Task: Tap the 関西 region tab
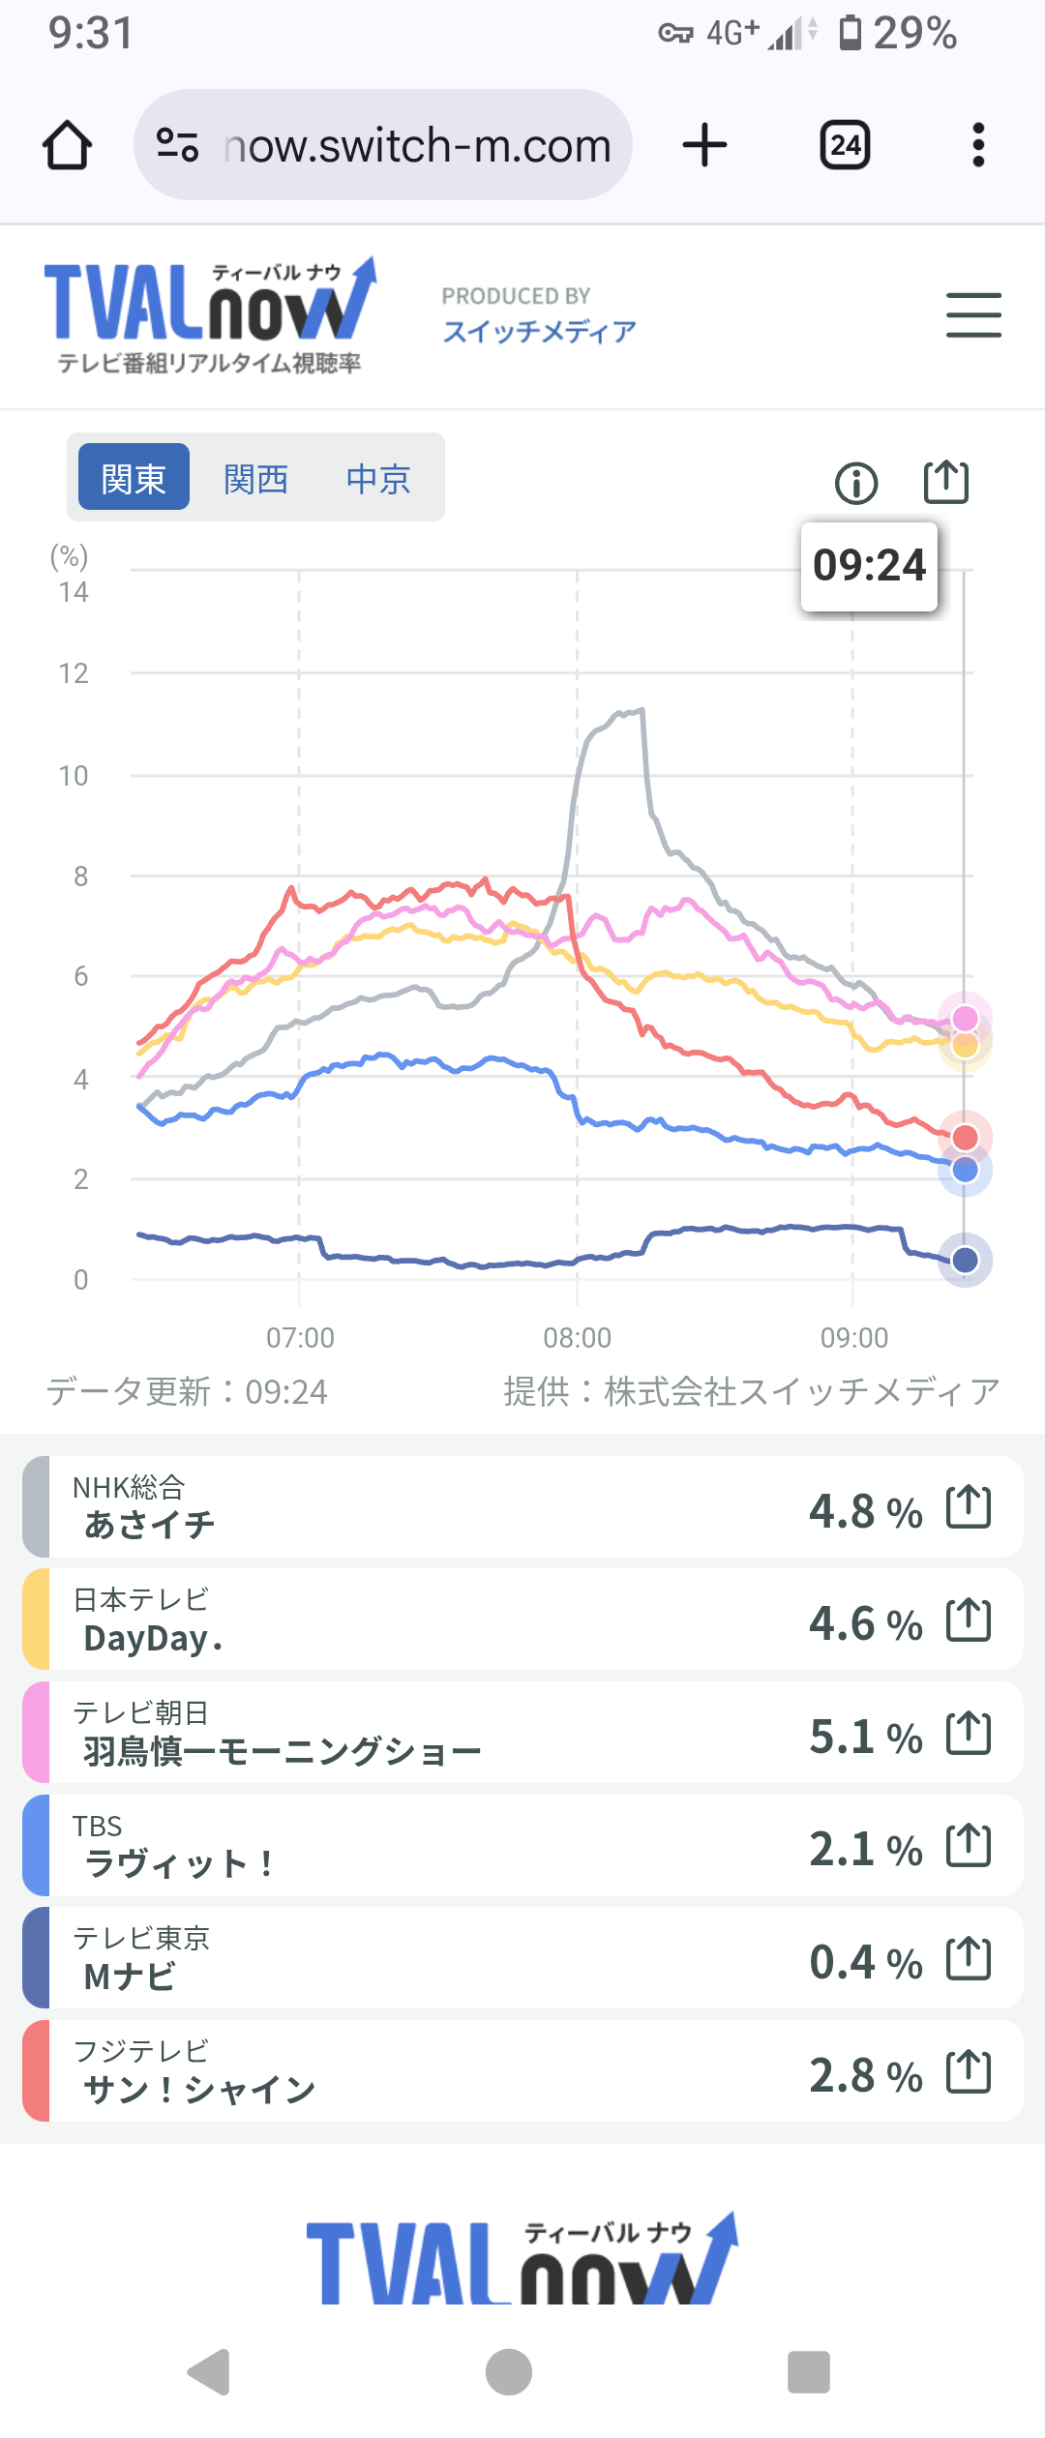pos(255,479)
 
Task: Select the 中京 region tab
pos(378,479)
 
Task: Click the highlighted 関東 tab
pos(134,478)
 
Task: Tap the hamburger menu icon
pos(973,315)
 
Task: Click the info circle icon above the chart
pos(856,483)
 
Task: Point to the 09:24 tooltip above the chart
pos(869,566)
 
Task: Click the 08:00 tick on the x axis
pos(577,1338)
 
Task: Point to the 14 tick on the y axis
pos(74,592)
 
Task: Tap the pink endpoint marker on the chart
pos(965,1018)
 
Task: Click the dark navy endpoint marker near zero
pos(965,1260)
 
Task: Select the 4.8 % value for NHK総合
pos(865,1511)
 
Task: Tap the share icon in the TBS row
pos(969,1845)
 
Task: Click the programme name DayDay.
pos(153,1639)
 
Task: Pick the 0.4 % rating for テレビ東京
pos(865,1962)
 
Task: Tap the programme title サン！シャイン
pos(199,2090)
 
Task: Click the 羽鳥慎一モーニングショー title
pos(283,1751)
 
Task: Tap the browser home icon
pos(68,146)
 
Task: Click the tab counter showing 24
pos(845,146)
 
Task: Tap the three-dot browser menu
pos(978,146)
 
